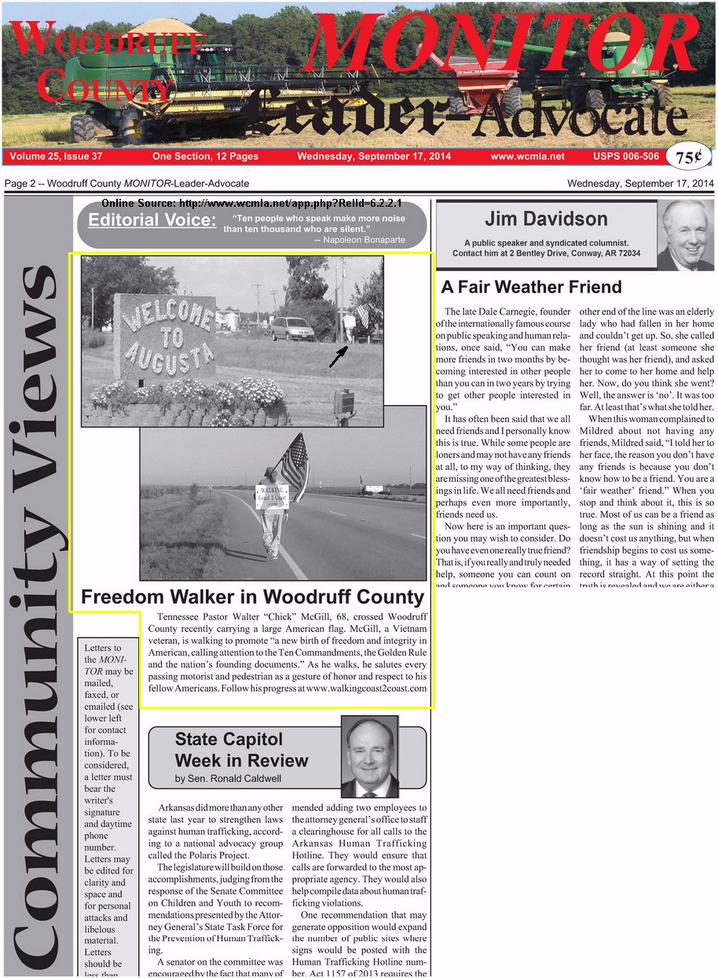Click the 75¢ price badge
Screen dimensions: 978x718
tap(688, 157)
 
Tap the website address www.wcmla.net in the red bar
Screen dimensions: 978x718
tap(527, 156)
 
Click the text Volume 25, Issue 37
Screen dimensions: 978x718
tap(56, 156)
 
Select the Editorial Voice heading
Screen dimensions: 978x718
tap(152, 220)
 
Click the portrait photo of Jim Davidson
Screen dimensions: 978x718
tap(685, 235)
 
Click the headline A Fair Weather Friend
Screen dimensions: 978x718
tap(531, 287)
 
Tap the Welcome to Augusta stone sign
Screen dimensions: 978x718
tap(164, 336)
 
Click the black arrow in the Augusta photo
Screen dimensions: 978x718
tap(338, 357)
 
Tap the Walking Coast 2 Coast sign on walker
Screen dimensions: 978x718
tap(272, 497)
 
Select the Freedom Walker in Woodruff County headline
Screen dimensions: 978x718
tap(252, 597)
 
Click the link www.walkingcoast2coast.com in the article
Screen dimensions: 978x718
tap(366, 688)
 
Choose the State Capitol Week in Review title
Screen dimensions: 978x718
tap(241, 750)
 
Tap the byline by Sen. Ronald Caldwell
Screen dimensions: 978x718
tap(228, 779)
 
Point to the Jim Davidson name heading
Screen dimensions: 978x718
tap(546, 219)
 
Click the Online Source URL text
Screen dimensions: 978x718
tap(251, 204)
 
